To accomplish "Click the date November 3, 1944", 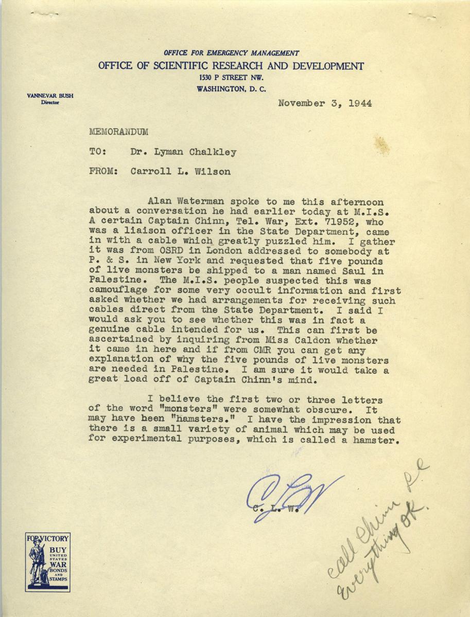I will click(325, 102).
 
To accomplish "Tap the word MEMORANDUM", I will click(118, 132).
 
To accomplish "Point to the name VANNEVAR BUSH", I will click(43, 96).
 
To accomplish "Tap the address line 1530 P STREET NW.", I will click(231, 78).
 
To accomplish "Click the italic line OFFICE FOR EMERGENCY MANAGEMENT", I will click(231, 53).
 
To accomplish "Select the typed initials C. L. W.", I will click(271, 511).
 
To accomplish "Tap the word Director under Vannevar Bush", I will click(42, 103).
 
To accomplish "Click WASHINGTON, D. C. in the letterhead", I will click(231, 89).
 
